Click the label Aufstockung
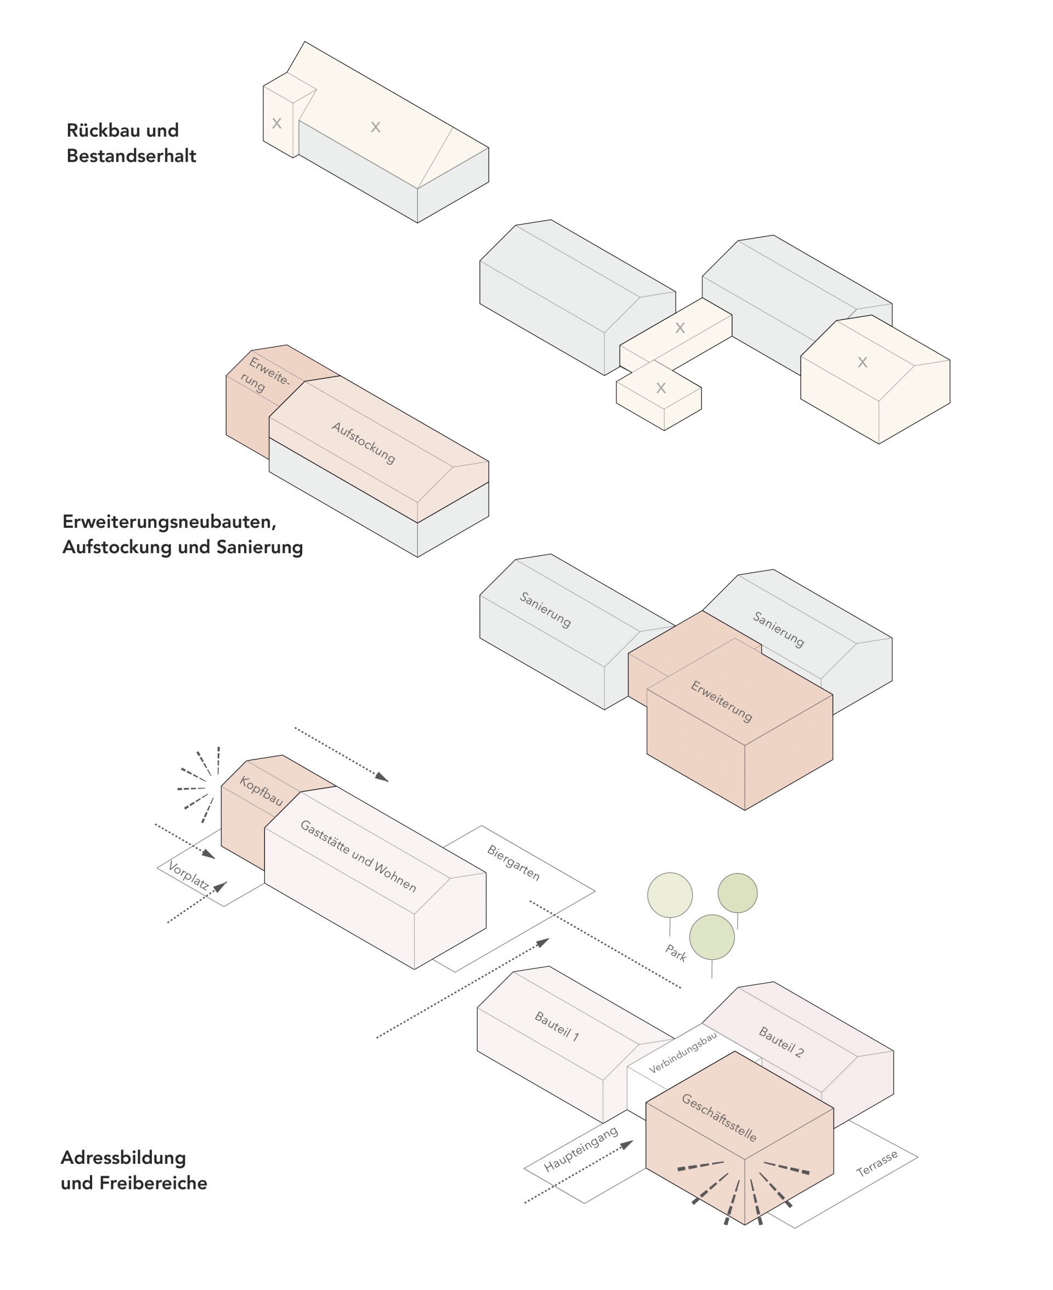(x=363, y=443)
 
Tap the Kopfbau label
(x=261, y=791)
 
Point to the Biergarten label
(x=513, y=862)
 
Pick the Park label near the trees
(x=676, y=953)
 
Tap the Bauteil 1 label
(x=557, y=1026)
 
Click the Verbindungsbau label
(x=682, y=1053)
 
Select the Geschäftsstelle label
(x=720, y=1118)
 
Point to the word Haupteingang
(x=580, y=1149)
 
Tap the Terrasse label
(x=876, y=1164)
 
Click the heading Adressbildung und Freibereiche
(x=133, y=1170)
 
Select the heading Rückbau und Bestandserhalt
(x=131, y=143)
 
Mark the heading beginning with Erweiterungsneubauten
(x=183, y=534)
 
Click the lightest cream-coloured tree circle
(x=670, y=895)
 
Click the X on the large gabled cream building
(x=862, y=362)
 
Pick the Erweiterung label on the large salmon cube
(x=721, y=701)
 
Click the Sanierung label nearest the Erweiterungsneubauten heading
(x=545, y=609)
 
